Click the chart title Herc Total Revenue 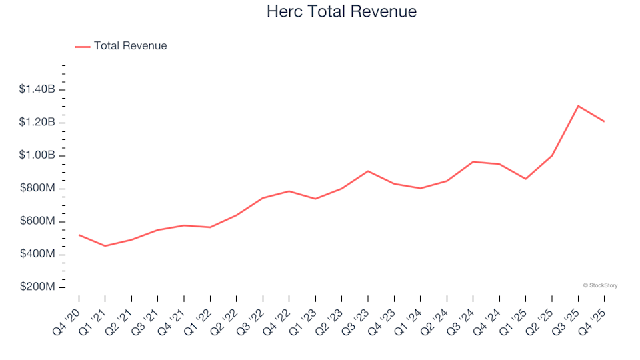341,11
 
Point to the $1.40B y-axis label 37,89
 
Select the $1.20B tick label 37,123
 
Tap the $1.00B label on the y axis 37,155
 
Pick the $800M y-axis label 38,189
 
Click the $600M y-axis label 38,221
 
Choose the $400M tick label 38,255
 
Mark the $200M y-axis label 38,287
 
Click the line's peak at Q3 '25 578,106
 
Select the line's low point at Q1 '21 105,246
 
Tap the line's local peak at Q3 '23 368,171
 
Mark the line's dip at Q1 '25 525,179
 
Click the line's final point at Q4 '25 604,121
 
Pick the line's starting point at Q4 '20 79,235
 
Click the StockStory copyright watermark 600,285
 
